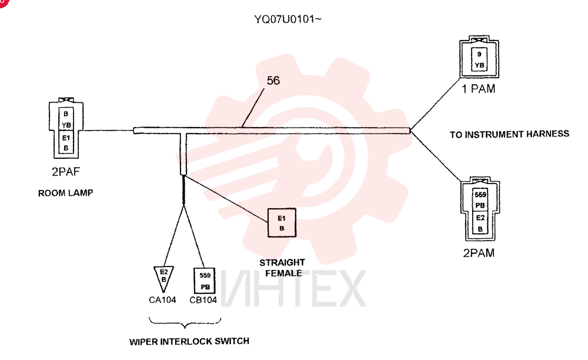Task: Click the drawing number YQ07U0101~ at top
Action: (288, 19)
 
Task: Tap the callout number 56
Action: (273, 80)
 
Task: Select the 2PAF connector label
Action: (66, 171)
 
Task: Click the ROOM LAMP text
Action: (66, 193)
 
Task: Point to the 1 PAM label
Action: (478, 88)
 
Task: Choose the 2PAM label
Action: (479, 253)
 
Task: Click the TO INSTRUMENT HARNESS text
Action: (509, 134)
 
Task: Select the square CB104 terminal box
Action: (205, 281)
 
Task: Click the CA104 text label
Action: (162, 299)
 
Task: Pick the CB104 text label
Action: (203, 299)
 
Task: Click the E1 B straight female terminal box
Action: (282, 223)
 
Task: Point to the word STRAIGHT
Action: (282, 262)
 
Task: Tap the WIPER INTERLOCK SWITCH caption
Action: (189, 341)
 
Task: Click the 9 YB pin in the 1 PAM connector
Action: (479, 59)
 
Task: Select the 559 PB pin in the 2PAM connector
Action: (480, 200)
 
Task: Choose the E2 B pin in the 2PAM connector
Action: (480, 223)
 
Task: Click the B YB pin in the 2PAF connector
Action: (66, 119)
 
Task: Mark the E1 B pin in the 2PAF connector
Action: (66, 142)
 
